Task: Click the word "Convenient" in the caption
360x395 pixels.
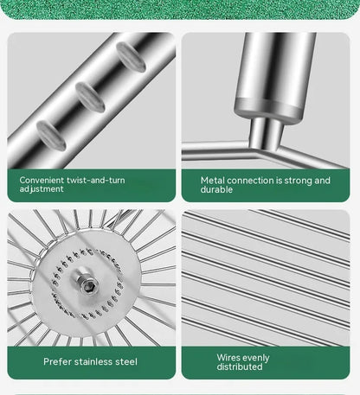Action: (42, 180)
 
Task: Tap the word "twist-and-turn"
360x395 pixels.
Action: (96, 180)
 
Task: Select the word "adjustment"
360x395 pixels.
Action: (42, 189)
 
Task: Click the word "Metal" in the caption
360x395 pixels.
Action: (212, 181)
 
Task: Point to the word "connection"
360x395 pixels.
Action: (250, 181)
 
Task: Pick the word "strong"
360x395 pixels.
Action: (298, 181)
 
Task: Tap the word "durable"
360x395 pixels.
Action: (216, 189)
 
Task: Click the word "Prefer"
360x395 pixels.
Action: (57, 361)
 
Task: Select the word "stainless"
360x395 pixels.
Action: (93, 361)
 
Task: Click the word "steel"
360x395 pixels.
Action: (126, 361)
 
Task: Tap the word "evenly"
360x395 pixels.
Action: (256, 358)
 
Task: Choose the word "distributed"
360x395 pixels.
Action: (240, 366)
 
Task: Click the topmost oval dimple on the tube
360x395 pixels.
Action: (131, 57)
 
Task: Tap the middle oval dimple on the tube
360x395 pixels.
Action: (90, 97)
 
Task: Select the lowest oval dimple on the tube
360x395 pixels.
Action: (51, 135)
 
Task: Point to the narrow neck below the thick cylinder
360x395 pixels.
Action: (266, 132)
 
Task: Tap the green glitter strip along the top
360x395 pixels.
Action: (180, 10)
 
